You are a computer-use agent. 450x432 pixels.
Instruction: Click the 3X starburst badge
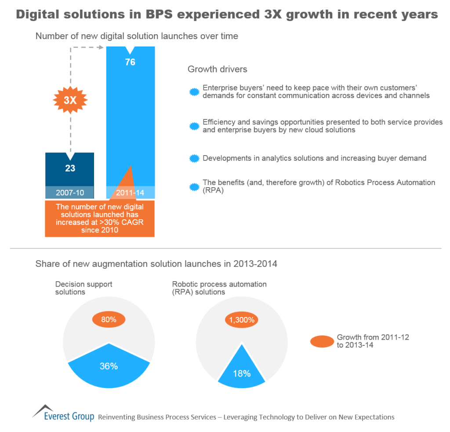[x=70, y=100]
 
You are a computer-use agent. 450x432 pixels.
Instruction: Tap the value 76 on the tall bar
[x=130, y=62]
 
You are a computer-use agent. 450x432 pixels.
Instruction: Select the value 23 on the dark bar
[x=70, y=168]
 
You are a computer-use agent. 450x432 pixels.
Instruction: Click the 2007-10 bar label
[x=70, y=192]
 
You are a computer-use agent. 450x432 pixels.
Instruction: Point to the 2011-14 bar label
[x=130, y=192]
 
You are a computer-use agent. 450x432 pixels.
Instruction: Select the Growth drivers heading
[x=217, y=69]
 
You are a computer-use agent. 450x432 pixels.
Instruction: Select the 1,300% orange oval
[x=241, y=319]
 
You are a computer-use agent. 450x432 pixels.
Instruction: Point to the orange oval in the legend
[x=322, y=341]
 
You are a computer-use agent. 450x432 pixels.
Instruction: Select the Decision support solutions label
[x=77, y=288]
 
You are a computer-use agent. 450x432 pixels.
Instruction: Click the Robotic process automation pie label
[x=219, y=288]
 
